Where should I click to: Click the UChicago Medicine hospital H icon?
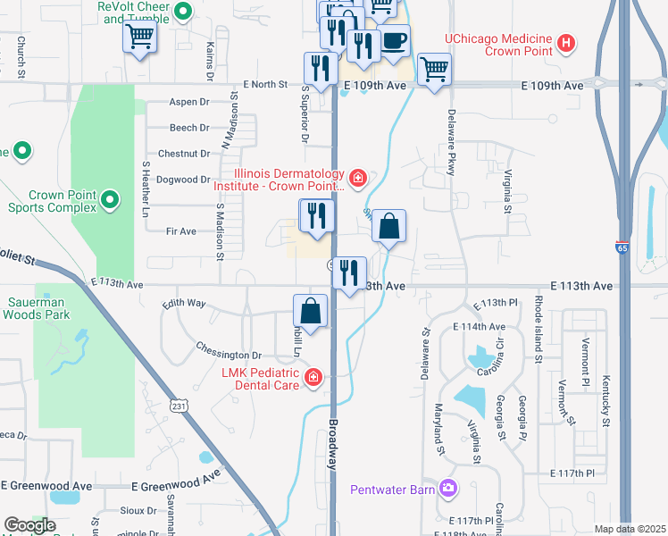coord(564,42)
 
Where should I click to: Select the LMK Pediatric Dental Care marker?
coord(313,378)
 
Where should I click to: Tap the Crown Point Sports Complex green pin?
coord(110,200)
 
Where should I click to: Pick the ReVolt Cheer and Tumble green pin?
coord(183,12)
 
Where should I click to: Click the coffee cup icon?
coord(394,41)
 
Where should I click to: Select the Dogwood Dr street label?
coord(183,180)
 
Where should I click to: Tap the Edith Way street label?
coord(185,304)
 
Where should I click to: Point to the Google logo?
coord(29,525)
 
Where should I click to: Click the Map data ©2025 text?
coord(630,529)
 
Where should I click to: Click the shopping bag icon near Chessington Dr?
coord(309,313)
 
